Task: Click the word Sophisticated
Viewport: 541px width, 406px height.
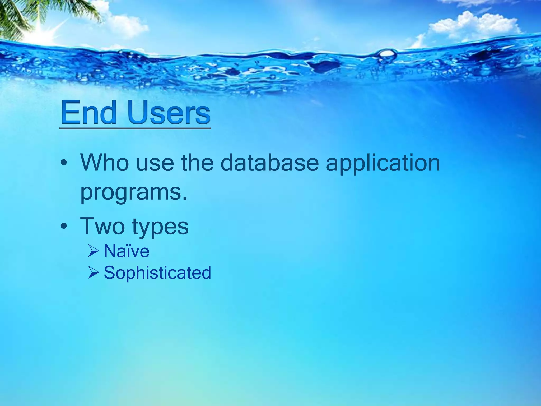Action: (x=157, y=273)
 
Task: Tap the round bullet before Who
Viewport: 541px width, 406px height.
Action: (x=63, y=163)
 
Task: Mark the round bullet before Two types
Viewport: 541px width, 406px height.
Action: (x=63, y=227)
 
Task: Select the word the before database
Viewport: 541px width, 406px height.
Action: (x=197, y=162)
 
